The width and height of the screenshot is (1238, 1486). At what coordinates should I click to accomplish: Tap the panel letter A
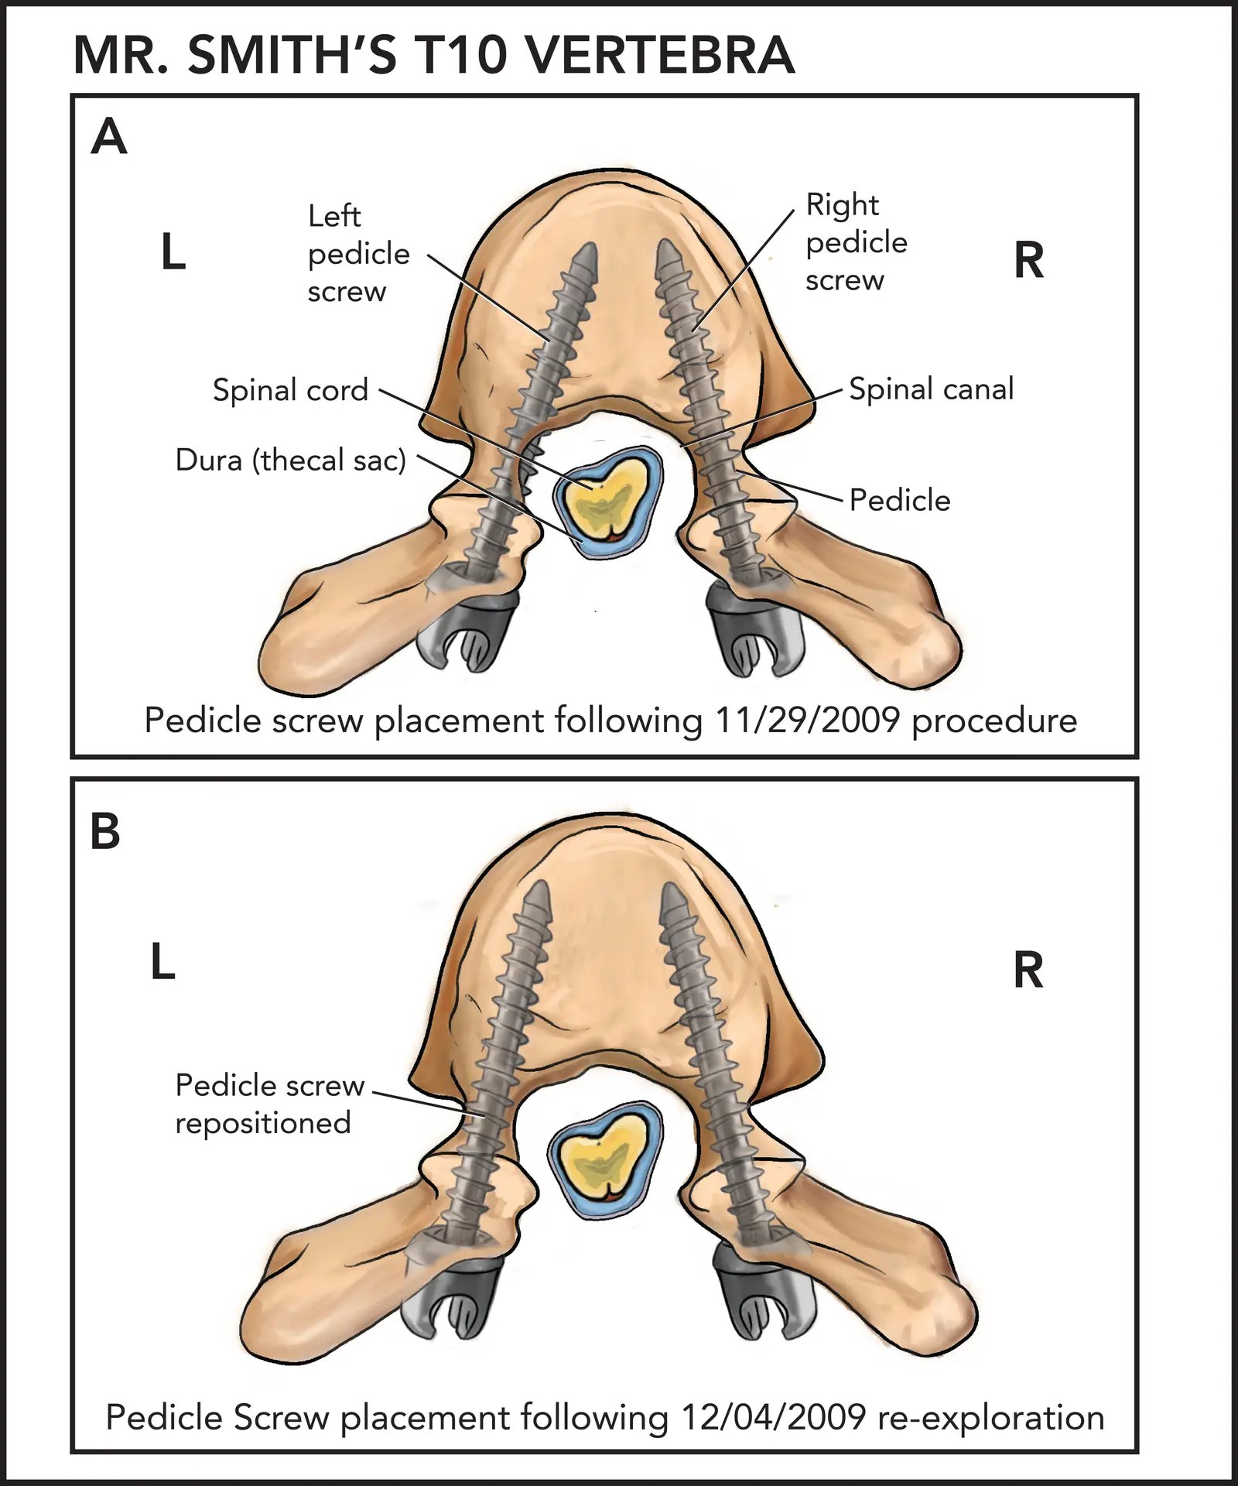[x=109, y=138]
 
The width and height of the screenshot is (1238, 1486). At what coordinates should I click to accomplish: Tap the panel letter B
[x=105, y=832]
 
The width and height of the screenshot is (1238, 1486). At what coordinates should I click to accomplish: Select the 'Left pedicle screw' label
[x=357, y=253]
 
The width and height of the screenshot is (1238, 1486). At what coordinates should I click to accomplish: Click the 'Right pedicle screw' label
[x=856, y=242]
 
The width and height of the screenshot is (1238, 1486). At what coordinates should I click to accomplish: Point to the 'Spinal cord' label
[x=290, y=390]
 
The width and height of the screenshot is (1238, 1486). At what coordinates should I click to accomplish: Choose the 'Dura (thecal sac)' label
[x=290, y=460]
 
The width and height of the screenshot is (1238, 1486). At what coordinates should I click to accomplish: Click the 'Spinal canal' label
[x=931, y=389]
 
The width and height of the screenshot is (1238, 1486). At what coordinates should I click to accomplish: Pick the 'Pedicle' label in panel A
[x=900, y=500]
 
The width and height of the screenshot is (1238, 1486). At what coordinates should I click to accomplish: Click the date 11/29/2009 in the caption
[x=807, y=721]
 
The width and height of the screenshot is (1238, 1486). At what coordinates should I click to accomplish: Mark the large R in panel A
[x=1028, y=261]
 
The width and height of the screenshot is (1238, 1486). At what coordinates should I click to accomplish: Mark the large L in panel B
[x=162, y=964]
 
